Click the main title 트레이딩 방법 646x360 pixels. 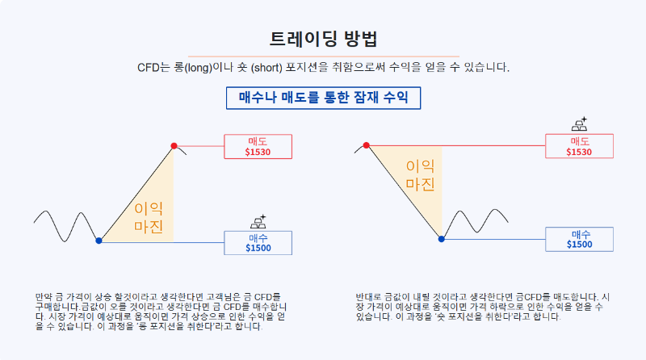pyautogui.click(x=323, y=40)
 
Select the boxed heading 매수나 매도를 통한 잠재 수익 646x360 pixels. pyautogui.click(x=323, y=98)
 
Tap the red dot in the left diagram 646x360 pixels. pyautogui.click(x=174, y=145)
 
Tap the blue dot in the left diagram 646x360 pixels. pyautogui.click(x=99, y=241)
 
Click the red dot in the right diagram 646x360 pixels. pyautogui.click(x=367, y=145)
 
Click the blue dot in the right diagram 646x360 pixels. pyautogui.click(x=442, y=239)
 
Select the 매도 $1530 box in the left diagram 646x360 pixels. pyautogui.click(x=258, y=146)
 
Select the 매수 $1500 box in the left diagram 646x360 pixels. pyautogui.click(x=258, y=242)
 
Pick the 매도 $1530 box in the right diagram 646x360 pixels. pyautogui.click(x=579, y=146)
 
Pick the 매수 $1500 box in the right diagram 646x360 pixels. pyautogui.click(x=579, y=239)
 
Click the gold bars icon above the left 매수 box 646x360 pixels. pyautogui.click(x=258, y=220)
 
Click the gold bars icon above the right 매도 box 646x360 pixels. pyautogui.click(x=579, y=124)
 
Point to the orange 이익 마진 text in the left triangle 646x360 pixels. pyautogui.click(x=149, y=216)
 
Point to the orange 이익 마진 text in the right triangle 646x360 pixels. pyautogui.click(x=421, y=175)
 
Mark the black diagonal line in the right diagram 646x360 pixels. pyautogui.click(x=404, y=192)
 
